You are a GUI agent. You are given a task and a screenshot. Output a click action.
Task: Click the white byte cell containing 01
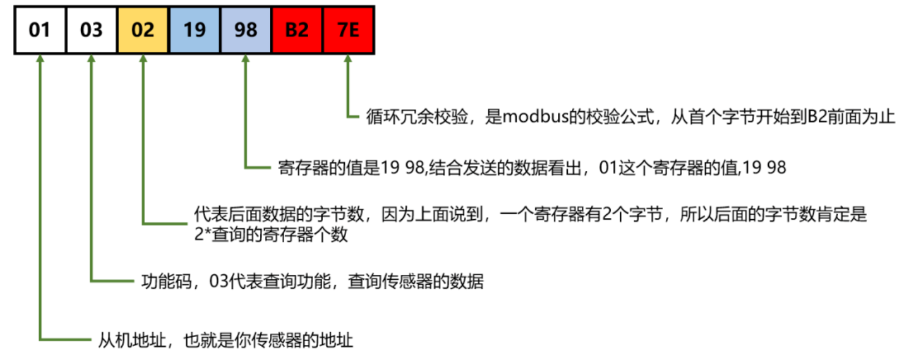pos(39,30)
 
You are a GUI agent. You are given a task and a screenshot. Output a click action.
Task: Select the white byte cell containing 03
pos(91,30)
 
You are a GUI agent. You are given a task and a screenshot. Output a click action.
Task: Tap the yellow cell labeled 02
pos(142,30)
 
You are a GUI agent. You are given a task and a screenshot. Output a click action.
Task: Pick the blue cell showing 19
pos(194,30)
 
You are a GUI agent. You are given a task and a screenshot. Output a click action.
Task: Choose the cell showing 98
pos(245,30)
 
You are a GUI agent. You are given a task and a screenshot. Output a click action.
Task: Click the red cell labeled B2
pos(296,30)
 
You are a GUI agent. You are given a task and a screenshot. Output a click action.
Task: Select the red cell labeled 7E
pos(348,30)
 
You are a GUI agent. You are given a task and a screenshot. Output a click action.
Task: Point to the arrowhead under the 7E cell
pos(348,59)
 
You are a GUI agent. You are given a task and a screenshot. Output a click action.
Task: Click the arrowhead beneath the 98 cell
pos(245,59)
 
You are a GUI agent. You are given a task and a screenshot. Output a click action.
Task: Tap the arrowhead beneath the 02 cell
pos(143,59)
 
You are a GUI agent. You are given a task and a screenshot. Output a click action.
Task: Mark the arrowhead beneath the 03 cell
pos(91,59)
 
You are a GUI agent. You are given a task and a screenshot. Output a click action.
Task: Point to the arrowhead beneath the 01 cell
pos(40,59)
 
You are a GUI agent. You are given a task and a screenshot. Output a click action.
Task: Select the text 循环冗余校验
pos(417,117)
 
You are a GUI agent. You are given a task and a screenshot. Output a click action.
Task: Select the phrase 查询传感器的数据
pos(416,282)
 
